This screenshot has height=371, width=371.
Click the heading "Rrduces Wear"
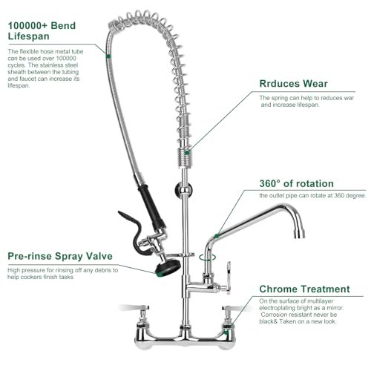pyautogui.click(x=294, y=84)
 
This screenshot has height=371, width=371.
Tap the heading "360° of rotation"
pyautogui.click(x=297, y=183)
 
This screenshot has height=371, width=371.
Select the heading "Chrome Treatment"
pyautogui.click(x=305, y=289)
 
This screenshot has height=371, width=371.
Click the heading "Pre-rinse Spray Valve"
pyautogui.click(x=60, y=256)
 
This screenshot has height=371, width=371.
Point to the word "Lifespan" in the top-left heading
pyautogui.click(x=29, y=36)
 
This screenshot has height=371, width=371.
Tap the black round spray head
pyautogui.click(x=168, y=268)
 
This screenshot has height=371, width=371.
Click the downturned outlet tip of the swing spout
pyautogui.click(x=299, y=234)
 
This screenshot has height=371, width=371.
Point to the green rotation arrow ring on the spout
pyautogui.click(x=207, y=257)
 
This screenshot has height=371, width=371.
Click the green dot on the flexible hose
pyautogui.click(x=108, y=56)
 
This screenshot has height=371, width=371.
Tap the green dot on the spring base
pyautogui.click(x=187, y=153)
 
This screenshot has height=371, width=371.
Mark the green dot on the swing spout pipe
pyautogui.click(x=217, y=236)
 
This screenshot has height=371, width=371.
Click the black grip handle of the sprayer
pyautogui.click(x=151, y=206)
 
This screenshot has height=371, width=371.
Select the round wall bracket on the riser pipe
pyautogui.click(x=183, y=189)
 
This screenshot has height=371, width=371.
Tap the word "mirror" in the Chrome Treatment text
pyautogui.click(x=335, y=308)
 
